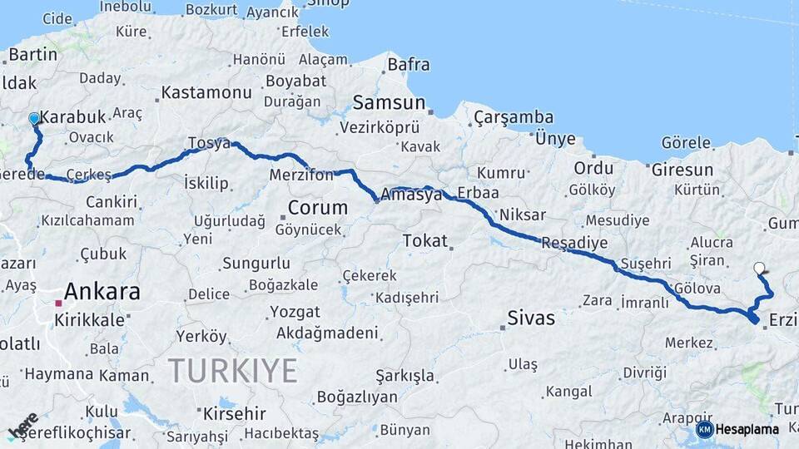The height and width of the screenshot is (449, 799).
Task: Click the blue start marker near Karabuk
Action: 34,119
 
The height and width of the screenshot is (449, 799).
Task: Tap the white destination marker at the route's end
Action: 758,268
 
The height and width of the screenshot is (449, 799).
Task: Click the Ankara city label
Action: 102,291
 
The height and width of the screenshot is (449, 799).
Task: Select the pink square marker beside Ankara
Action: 58,303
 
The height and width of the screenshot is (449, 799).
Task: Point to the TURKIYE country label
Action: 232,370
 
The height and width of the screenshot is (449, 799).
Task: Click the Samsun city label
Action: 390,103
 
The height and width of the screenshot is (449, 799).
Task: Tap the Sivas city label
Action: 531,318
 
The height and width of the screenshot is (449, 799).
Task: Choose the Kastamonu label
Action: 206,92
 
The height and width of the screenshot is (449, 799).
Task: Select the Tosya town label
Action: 209,143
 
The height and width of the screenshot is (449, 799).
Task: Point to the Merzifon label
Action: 300,175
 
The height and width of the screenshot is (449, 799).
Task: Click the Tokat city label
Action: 425,241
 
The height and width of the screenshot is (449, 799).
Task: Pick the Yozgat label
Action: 295,312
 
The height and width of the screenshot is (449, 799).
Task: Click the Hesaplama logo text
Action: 747,429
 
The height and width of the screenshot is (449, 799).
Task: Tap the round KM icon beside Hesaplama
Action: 704,429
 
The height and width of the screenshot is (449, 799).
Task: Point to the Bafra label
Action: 409,64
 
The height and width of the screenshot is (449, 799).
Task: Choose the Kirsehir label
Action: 234,413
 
